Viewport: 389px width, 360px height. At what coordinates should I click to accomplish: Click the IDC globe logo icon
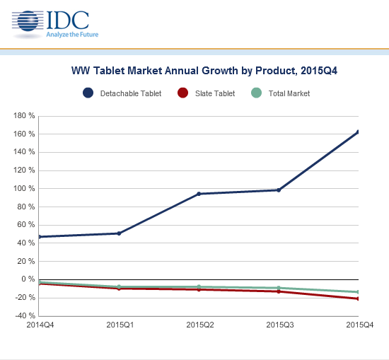[28, 21]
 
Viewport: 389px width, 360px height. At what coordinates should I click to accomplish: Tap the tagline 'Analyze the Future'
[72, 35]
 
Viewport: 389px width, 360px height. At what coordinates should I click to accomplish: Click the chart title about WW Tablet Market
[204, 71]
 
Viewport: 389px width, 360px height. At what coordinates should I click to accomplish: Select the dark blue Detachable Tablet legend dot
[88, 93]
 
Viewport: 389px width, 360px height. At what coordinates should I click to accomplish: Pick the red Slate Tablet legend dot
[183, 93]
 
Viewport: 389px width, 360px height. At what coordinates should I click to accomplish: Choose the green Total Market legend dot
[256, 93]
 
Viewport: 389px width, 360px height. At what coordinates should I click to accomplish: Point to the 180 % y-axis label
[24, 115]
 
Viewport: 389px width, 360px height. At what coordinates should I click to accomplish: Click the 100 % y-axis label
[24, 189]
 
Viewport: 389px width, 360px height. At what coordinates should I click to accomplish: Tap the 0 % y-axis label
[28, 279]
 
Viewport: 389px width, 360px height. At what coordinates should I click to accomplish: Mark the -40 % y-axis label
[25, 315]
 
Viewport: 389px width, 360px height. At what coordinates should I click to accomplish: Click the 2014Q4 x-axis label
[40, 325]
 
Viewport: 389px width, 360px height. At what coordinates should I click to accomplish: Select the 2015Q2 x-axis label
[200, 325]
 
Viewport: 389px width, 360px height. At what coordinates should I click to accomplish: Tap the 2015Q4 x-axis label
[360, 325]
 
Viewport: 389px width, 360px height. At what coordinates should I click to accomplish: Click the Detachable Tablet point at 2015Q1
[119, 233]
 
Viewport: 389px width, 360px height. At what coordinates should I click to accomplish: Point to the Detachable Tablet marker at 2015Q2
[199, 194]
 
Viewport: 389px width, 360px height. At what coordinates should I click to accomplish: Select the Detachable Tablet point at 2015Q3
[279, 190]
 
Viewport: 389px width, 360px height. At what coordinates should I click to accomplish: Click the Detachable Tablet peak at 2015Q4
[358, 132]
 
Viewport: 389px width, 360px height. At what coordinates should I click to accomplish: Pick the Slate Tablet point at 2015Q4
[358, 298]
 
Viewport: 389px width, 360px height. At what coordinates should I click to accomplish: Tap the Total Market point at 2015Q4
[358, 292]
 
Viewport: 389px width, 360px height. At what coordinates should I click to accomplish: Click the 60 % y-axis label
[26, 225]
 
